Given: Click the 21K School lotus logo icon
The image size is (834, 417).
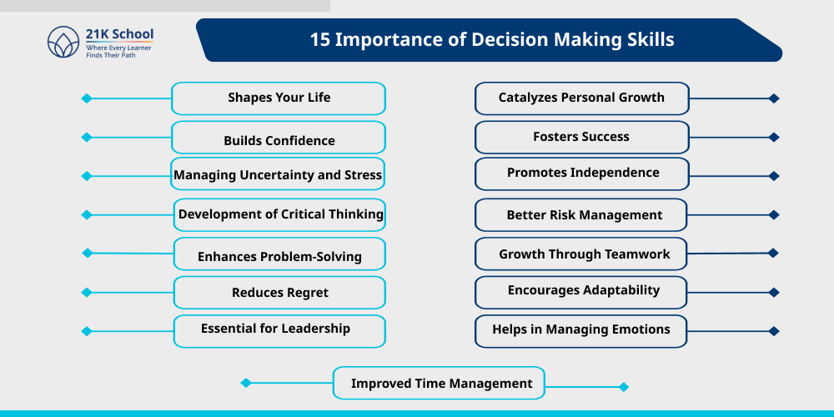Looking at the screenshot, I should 63,42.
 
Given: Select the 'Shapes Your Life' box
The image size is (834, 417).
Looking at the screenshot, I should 279,98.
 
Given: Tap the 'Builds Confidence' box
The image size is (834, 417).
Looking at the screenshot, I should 279,138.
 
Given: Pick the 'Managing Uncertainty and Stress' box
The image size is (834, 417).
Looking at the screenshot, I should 278,174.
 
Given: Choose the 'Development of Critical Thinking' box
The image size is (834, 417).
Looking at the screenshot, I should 280,214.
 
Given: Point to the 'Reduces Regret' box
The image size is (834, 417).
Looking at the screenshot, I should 279,293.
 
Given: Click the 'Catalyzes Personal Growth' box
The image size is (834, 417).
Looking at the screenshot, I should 581,98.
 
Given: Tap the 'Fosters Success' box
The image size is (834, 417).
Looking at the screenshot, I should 581,137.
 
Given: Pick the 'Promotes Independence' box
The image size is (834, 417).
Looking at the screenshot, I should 581,173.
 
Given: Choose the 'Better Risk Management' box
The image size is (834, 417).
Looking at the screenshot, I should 581,214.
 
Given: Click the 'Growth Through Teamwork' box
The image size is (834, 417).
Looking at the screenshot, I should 581,254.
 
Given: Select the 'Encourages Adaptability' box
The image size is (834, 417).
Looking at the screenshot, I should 581,292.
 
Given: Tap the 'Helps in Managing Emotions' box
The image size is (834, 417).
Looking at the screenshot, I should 581,330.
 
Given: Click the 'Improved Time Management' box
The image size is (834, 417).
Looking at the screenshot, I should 440,384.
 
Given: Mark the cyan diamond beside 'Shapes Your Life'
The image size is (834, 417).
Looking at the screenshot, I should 86,98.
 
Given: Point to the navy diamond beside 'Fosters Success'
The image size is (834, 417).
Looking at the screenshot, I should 774,138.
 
